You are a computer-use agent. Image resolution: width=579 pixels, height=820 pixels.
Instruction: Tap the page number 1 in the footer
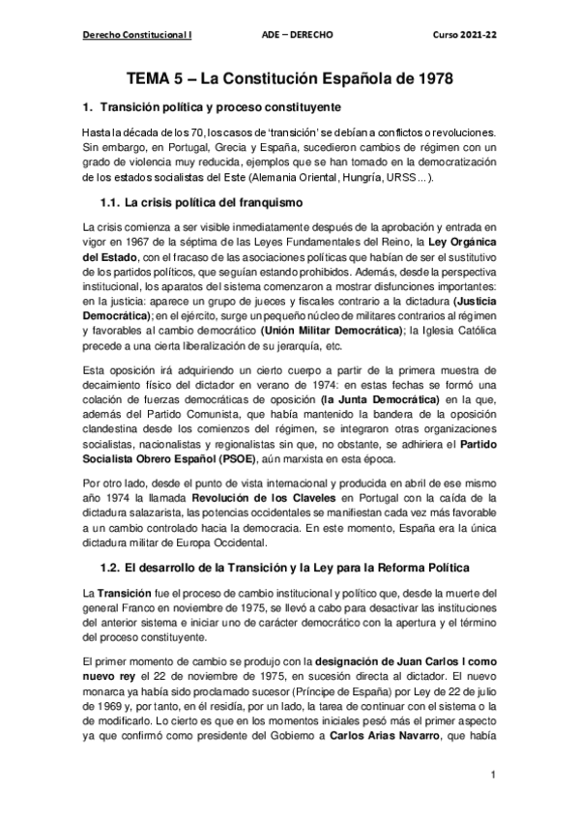tap(493, 776)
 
